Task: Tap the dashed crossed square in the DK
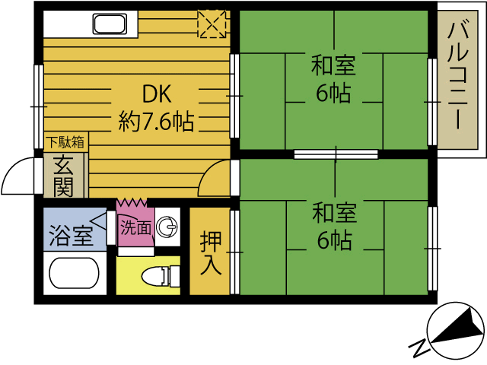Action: pos(212,24)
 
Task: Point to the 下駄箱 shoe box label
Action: pos(65,141)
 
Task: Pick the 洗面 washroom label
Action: pos(136,227)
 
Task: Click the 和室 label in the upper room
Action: pos(333,65)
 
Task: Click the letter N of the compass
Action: pos(418,348)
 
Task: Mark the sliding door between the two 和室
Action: pos(336,154)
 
